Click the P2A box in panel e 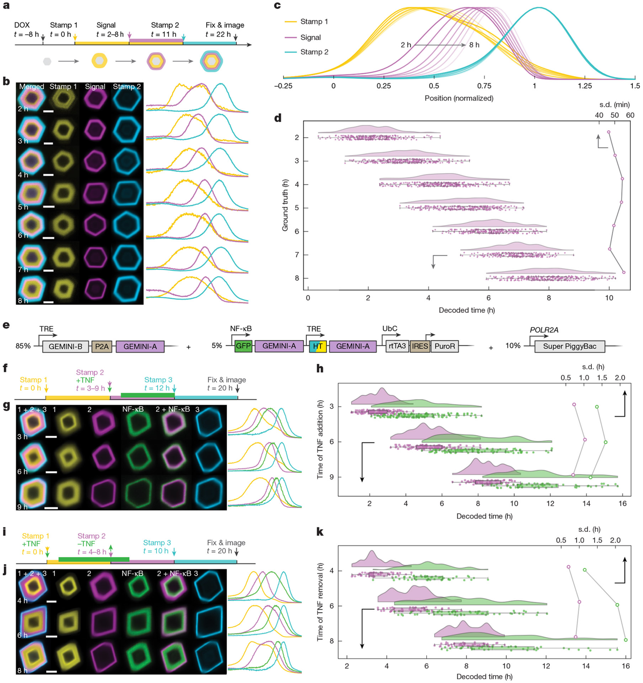click(102, 347)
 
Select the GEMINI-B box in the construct click(65, 347)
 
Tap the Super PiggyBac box click(569, 346)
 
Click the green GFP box click(243, 346)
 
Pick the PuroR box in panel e click(444, 346)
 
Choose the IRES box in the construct click(420, 346)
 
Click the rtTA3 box click(397, 346)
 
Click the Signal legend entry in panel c click(302, 37)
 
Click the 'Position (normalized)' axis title click(459, 99)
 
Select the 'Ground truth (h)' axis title click(285, 205)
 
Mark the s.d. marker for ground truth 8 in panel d click(624, 272)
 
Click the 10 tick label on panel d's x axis click(609, 298)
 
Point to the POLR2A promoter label click(544, 330)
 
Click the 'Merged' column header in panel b click(32, 87)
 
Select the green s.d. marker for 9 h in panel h click(590, 477)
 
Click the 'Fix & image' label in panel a click(225, 25)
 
